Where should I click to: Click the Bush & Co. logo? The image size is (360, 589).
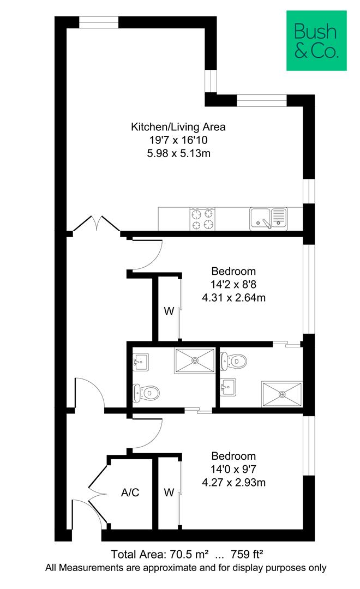coord(316,40)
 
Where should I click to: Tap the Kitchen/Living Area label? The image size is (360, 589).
coord(178,127)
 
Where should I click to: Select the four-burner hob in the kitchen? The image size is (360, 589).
coord(202,219)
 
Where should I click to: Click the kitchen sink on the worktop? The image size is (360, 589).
coord(268,219)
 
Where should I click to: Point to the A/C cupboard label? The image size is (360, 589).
coord(130,492)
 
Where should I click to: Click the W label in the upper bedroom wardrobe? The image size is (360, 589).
coord(169,311)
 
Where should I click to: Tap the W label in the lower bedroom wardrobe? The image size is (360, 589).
coord(169,492)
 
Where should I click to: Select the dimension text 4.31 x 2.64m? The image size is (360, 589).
coord(234,298)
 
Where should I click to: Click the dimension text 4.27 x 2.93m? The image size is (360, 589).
coord(234,482)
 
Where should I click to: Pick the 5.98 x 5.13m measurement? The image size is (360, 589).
coord(178,153)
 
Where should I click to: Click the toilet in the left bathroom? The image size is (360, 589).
coord(146,393)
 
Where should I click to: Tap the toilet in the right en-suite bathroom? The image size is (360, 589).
coord(233,361)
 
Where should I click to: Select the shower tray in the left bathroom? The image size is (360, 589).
coord(195,360)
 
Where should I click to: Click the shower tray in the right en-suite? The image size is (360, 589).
coord(282,394)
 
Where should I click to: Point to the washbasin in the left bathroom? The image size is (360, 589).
coord(141,362)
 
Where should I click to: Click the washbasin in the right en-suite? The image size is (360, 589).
coord(227,387)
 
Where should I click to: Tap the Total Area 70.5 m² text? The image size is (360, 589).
coord(160,554)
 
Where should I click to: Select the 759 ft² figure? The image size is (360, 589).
coord(247,554)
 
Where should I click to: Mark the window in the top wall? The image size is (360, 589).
coord(99,22)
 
